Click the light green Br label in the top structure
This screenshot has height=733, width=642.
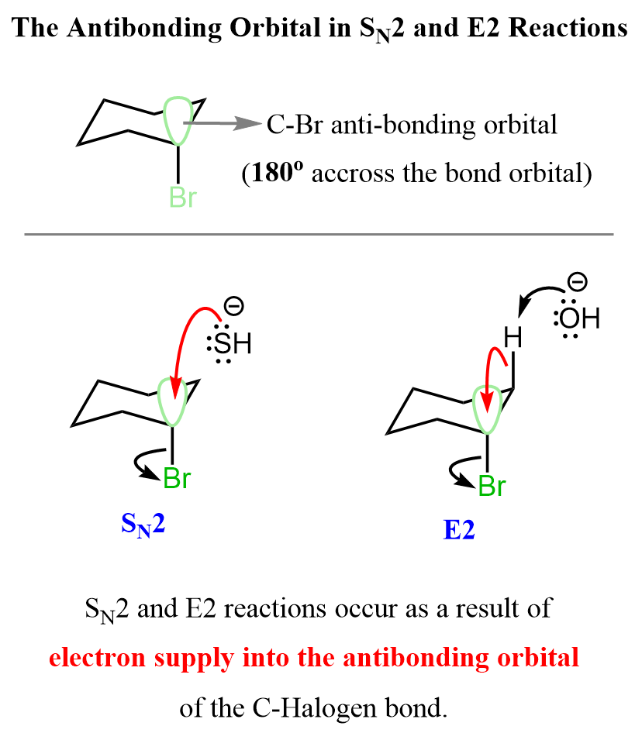click(183, 198)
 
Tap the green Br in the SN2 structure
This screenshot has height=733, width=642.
click(178, 479)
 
